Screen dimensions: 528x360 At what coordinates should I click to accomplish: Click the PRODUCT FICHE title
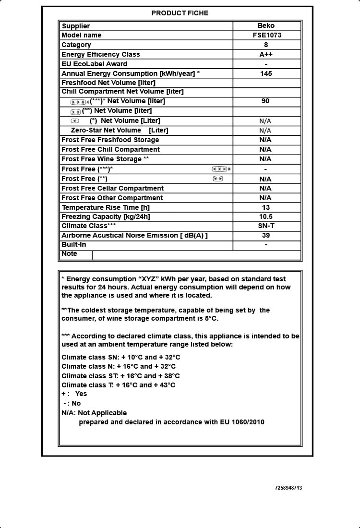[180, 13]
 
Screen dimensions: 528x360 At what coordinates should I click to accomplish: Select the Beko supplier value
[266, 26]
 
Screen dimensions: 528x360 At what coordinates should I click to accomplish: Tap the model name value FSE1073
[266, 35]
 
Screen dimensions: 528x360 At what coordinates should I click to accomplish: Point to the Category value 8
[266, 45]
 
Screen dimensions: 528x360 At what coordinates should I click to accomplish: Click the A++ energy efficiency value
[266, 54]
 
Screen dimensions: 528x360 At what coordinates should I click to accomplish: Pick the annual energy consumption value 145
[266, 73]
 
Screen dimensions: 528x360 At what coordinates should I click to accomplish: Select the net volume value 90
[265, 101]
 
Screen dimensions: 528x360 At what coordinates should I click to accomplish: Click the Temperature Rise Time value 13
[266, 207]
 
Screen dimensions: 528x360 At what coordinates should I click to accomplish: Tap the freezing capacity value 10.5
[266, 216]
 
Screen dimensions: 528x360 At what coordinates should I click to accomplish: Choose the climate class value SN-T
[266, 226]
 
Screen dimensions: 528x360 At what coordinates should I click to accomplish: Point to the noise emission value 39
[266, 235]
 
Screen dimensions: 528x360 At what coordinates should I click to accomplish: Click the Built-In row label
[74, 245]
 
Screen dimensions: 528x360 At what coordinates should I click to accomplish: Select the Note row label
[70, 254]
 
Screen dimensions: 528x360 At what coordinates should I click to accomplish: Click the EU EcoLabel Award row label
[95, 64]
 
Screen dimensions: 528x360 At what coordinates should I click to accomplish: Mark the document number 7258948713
[288, 488]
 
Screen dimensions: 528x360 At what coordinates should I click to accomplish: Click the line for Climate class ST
[120, 376]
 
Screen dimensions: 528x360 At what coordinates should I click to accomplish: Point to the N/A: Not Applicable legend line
[94, 413]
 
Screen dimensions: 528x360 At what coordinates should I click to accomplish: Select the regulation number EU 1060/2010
[242, 422]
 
